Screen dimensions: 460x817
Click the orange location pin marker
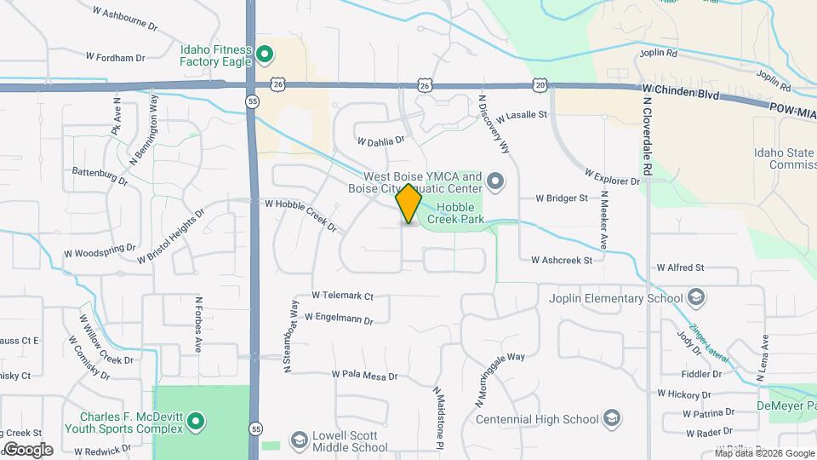point(408,204)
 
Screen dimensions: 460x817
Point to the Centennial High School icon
point(611,418)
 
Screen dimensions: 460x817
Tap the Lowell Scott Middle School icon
point(299,440)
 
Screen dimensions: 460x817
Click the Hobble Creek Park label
point(460,214)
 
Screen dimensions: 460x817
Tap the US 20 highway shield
point(540,85)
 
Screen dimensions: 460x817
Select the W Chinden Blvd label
point(681,89)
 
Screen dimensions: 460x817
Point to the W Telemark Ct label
point(342,296)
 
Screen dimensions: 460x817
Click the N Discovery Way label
point(494,124)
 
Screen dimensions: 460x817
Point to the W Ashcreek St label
point(561,260)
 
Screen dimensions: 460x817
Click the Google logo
point(28,449)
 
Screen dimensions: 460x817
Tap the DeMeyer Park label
point(787,407)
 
